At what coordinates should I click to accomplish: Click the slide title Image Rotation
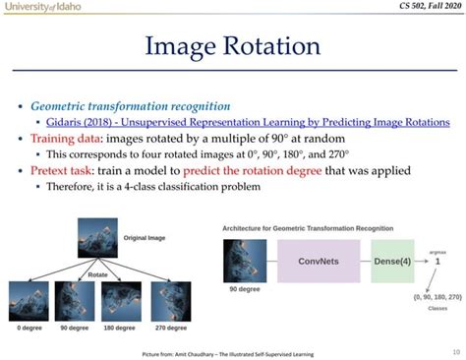coord(233,45)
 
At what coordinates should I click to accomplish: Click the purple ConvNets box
coord(316,262)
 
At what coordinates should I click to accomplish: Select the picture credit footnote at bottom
coord(233,351)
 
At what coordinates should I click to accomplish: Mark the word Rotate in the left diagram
coord(97,274)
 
